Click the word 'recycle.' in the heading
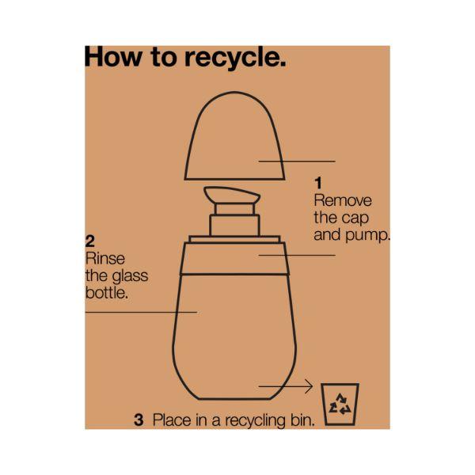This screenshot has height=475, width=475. point(235,58)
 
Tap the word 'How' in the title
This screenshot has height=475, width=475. point(113,57)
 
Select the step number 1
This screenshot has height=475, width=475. point(317,183)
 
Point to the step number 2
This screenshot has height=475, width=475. point(90,241)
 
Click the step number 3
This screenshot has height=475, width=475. point(139,420)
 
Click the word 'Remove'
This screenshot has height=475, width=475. point(343,200)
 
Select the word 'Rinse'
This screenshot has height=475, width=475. point(105,259)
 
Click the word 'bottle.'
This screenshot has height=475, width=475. point(107,293)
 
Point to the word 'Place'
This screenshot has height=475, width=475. point(172,420)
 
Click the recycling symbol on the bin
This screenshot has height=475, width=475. point(340,404)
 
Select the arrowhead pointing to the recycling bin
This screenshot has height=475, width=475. point(310,386)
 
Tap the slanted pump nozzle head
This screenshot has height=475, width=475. point(232,195)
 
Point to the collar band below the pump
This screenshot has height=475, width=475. point(235,259)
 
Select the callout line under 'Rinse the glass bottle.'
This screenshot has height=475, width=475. point(141,312)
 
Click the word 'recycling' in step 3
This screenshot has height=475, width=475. point(255,421)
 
